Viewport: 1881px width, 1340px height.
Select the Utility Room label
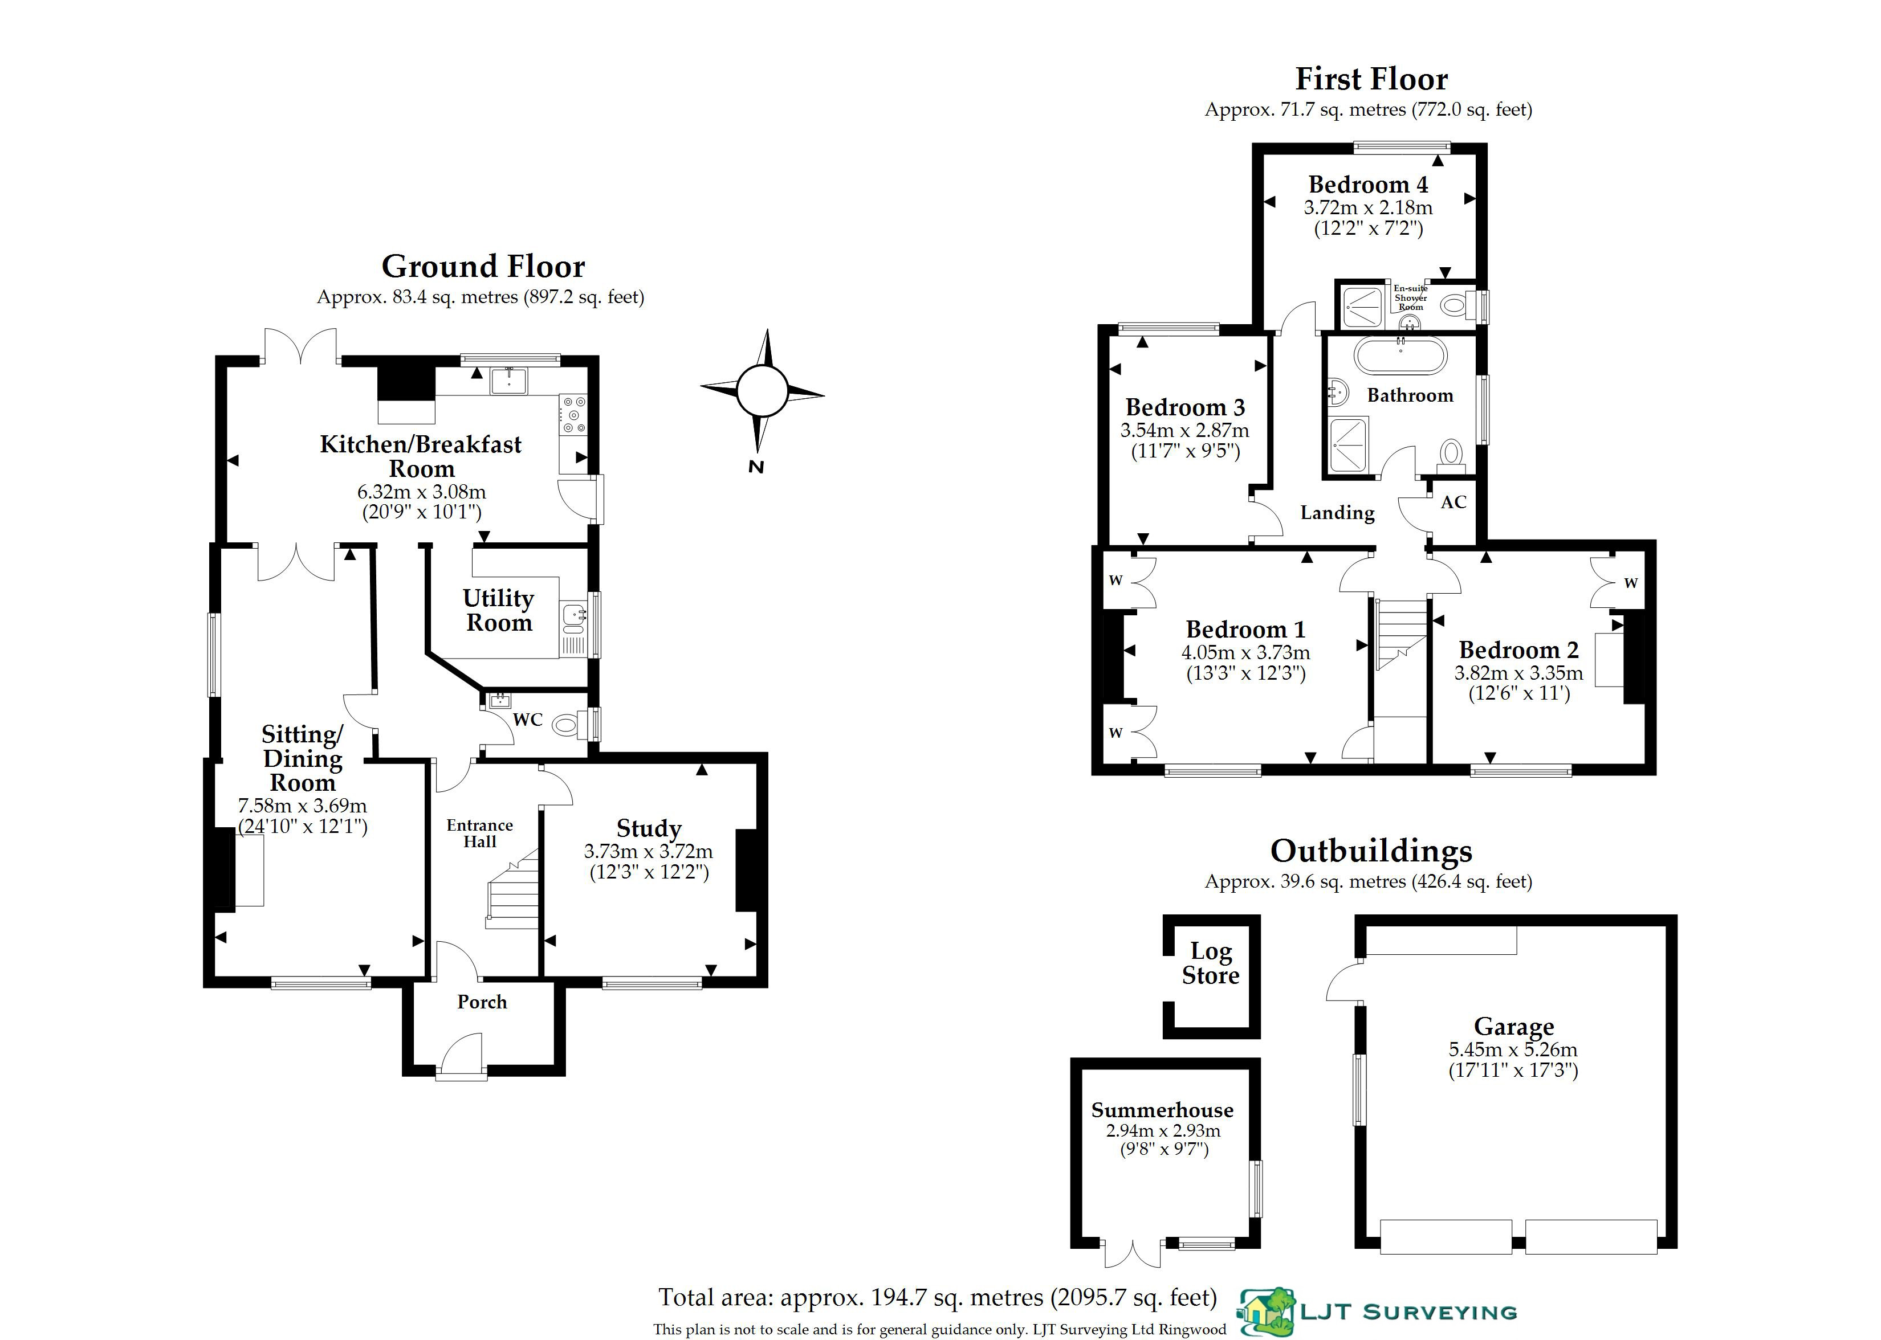click(x=499, y=610)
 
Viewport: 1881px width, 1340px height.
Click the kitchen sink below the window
click(x=508, y=381)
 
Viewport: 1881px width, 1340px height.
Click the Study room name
click(x=649, y=828)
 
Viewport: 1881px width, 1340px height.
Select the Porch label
click(x=482, y=1002)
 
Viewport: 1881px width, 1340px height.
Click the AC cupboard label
click(x=1453, y=502)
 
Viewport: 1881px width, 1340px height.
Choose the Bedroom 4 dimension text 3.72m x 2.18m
click(x=1367, y=207)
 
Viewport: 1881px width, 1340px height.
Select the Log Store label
click(x=1210, y=963)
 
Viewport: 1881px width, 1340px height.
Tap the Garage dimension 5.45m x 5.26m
click(x=1513, y=1049)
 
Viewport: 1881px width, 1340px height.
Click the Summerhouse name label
click(x=1162, y=1110)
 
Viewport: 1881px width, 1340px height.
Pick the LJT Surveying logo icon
click(x=1266, y=1311)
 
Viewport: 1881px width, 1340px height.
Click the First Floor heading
click(x=1371, y=79)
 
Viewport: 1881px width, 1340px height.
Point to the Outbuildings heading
click(x=1371, y=851)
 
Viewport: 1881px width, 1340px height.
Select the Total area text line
click(x=938, y=1298)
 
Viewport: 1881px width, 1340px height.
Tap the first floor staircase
click(x=1400, y=634)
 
